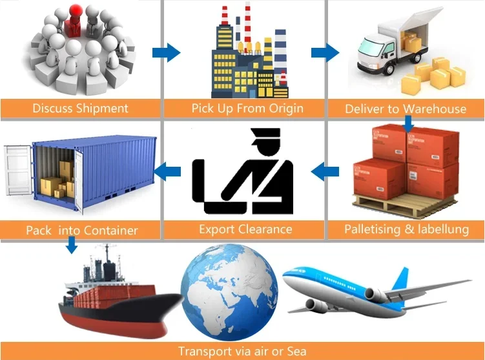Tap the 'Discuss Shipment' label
click(80, 108)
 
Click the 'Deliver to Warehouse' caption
click(406, 109)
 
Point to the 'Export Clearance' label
click(245, 229)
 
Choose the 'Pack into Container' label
click(81, 229)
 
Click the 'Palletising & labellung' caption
click(407, 229)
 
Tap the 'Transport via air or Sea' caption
click(243, 352)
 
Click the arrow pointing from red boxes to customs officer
click(325, 171)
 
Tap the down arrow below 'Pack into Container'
click(72, 244)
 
